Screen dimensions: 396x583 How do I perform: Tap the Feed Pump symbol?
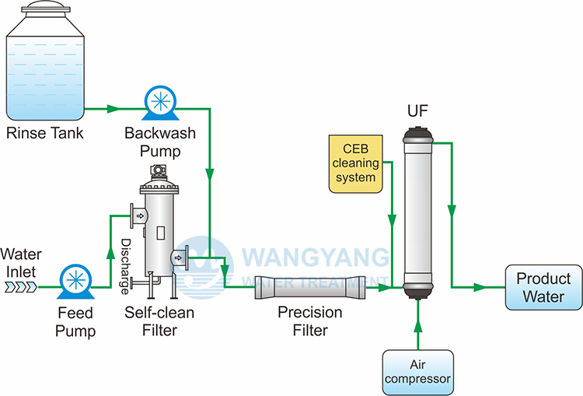pos(75,282)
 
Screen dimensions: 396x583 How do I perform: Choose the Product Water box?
pos(543,287)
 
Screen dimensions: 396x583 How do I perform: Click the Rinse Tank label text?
pos(44,133)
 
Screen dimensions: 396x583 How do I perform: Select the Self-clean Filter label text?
pos(160,321)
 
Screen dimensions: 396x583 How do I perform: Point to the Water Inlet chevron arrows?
pos(19,287)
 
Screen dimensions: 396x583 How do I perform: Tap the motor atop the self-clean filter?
pos(159,171)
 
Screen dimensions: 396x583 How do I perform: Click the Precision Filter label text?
pos(309,321)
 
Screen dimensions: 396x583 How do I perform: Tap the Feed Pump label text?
pos(75,322)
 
